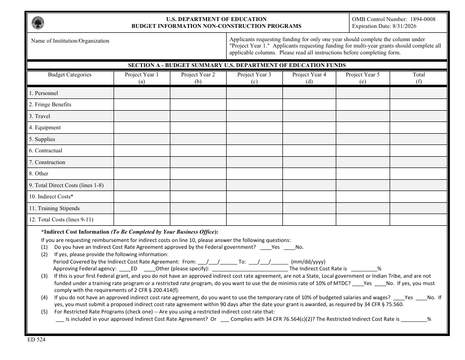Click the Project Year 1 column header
tap(142, 78)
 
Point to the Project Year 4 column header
tap(309, 78)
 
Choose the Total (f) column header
tap(418, 78)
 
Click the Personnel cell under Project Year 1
tap(142, 93)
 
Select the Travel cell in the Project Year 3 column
tap(254, 116)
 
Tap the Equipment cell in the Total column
tap(418, 127)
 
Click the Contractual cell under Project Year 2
tap(198, 150)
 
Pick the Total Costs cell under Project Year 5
tap(362, 220)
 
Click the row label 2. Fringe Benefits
tap(50, 105)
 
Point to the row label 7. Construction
tap(47, 163)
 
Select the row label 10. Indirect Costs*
tap(51, 197)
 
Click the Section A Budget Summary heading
tap(237, 65)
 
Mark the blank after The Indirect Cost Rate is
tap(363, 268)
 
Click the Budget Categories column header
tap(70, 75)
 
